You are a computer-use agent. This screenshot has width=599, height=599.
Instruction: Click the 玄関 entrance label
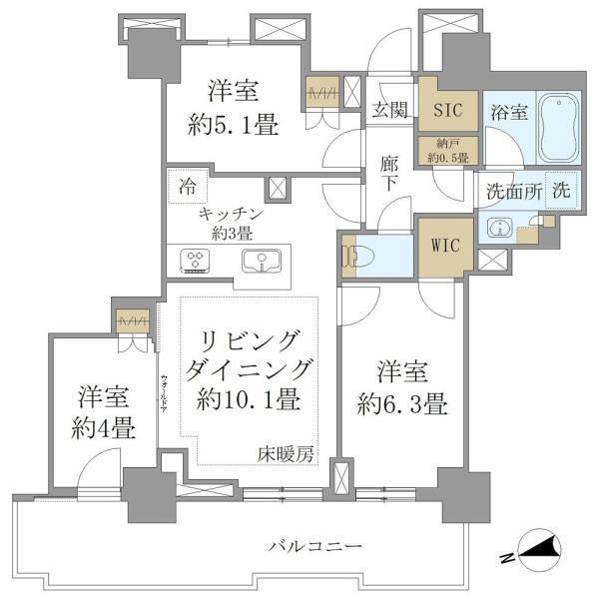point(388,110)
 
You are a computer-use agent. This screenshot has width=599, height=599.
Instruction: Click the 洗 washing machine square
point(561,190)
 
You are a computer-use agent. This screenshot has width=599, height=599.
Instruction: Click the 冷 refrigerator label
point(188,185)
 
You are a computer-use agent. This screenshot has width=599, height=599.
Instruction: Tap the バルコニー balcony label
point(312,546)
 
